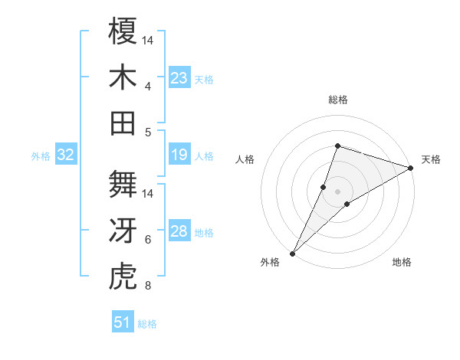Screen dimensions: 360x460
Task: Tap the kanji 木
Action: (x=123, y=77)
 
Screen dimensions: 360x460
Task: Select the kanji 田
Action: (x=123, y=123)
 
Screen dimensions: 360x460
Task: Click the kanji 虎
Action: (x=123, y=277)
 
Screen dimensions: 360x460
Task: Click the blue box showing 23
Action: (x=179, y=78)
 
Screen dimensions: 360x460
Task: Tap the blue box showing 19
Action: (x=179, y=155)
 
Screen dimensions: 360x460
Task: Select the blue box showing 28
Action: (x=179, y=232)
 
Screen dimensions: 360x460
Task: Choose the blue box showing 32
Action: (x=66, y=155)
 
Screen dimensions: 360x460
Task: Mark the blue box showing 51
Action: (x=123, y=322)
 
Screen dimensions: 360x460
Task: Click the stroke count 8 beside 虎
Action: (x=148, y=287)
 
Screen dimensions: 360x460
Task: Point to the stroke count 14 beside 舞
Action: (x=149, y=194)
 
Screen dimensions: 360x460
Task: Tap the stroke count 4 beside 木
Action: (x=148, y=87)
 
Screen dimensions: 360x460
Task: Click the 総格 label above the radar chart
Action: (x=337, y=100)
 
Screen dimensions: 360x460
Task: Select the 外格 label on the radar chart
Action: (x=270, y=262)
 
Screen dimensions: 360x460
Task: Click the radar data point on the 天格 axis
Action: (x=411, y=169)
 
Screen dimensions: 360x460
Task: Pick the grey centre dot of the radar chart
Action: (x=337, y=191)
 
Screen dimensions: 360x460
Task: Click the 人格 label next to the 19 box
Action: (x=204, y=156)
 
